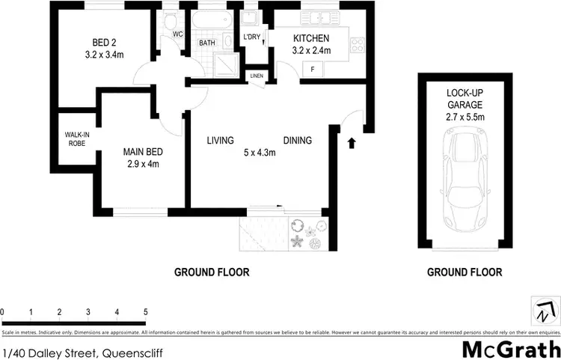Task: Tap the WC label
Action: (x=177, y=34)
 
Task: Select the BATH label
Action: (x=207, y=43)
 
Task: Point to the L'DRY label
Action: (x=251, y=37)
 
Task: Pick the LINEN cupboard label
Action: (x=257, y=76)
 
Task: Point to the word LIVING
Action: (x=221, y=141)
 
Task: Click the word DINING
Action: (x=297, y=141)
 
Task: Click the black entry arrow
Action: (x=352, y=142)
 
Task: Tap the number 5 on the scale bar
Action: (x=146, y=311)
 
